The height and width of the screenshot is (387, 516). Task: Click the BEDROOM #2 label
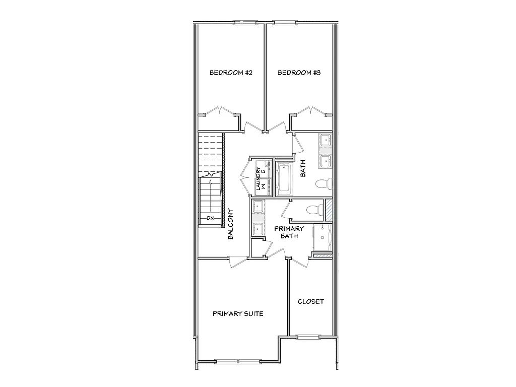(x=231, y=73)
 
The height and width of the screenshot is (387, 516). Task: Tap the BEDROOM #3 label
(x=299, y=73)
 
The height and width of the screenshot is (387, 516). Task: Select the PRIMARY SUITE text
(x=238, y=313)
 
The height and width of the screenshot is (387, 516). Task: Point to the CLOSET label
(x=311, y=302)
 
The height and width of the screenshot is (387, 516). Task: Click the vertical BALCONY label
(x=230, y=224)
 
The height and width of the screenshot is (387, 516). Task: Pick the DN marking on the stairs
(x=211, y=218)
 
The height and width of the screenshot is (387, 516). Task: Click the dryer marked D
(x=263, y=170)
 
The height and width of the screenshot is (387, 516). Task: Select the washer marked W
(x=263, y=186)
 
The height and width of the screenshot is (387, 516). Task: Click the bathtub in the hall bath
(x=284, y=179)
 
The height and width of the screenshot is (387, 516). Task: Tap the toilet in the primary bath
(x=314, y=208)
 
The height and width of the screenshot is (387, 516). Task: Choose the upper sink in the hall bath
(x=325, y=140)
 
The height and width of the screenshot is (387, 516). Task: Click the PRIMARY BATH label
(x=286, y=232)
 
